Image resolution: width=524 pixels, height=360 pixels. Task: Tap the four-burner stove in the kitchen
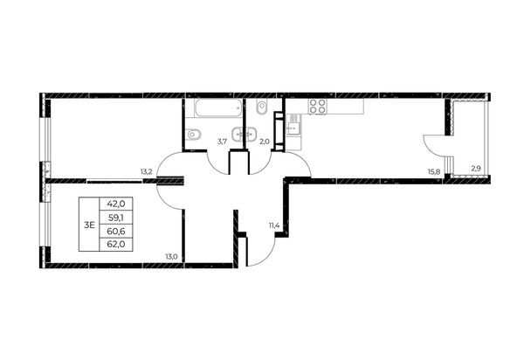(x=318, y=107)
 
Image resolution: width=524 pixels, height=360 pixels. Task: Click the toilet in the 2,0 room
(x=261, y=107)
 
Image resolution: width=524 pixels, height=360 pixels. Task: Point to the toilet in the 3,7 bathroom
(x=193, y=135)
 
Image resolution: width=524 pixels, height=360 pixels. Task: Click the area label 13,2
(x=147, y=172)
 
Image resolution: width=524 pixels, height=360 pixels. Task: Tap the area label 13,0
(x=171, y=257)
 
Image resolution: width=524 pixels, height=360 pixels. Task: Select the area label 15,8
(x=434, y=172)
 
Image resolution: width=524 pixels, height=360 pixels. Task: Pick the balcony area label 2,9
(x=476, y=169)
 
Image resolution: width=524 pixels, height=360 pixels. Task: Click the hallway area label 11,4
(x=274, y=225)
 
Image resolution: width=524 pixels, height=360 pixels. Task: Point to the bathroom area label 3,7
(x=222, y=142)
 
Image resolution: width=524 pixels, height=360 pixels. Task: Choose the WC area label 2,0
(x=264, y=142)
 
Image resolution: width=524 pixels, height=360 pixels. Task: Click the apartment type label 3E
(x=89, y=225)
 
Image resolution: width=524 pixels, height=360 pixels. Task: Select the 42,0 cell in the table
(x=116, y=204)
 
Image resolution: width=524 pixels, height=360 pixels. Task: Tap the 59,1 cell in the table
(x=116, y=218)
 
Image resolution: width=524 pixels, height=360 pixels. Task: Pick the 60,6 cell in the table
(x=116, y=231)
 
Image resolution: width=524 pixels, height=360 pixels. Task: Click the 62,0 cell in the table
(x=116, y=245)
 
